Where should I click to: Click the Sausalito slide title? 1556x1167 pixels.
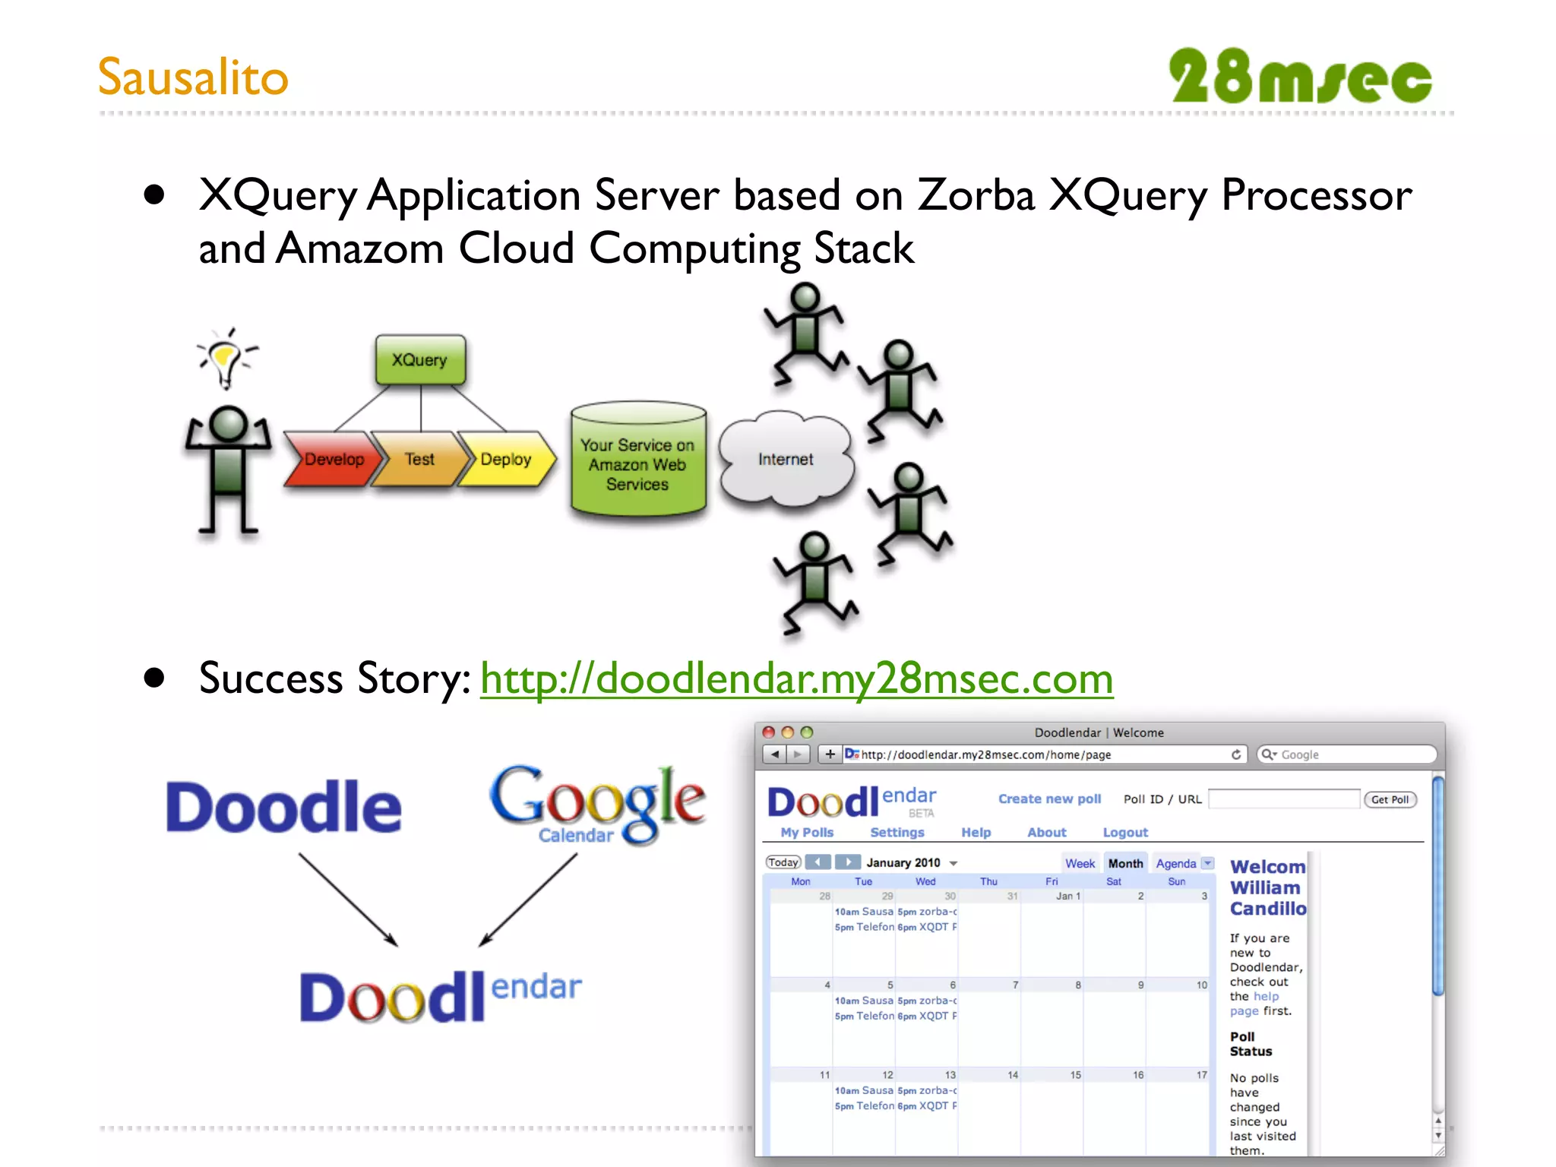click(193, 77)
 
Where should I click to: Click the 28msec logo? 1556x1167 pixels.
click(1300, 77)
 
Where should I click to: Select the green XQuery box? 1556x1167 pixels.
click(420, 359)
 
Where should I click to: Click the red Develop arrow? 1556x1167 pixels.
click(332, 459)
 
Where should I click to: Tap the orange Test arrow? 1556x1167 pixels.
click(419, 459)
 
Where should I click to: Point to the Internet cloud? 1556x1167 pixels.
click(786, 459)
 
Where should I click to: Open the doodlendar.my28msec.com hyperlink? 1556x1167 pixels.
click(796, 678)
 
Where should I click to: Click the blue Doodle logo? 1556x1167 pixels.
click(283, 807)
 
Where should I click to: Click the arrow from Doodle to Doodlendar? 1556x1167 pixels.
click(348, 900)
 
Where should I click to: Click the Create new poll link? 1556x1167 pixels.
click(1049, 799)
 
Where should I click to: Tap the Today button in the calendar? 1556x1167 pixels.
click(783, 862)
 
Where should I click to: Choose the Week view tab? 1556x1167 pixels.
click(1079, 863)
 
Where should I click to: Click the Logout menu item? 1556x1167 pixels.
click(1124, 832)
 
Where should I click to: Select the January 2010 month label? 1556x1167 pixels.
click(903, 862)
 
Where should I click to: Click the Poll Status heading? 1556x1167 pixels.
click(1250, 1044)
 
